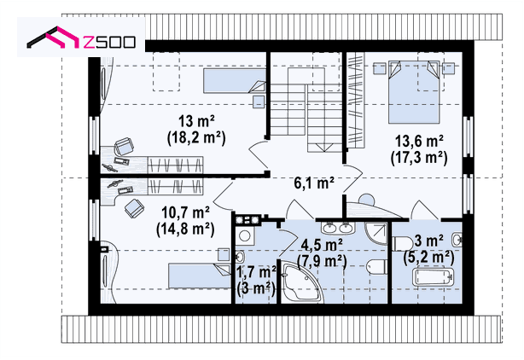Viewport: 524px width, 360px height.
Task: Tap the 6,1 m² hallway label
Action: pyautogui.click(x=314, y=183)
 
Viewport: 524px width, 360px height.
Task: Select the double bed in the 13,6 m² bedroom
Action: pyautogui.click(x=413, y=92)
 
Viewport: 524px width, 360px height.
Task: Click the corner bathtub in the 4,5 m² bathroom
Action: pyautogui.click(x=302, y=282)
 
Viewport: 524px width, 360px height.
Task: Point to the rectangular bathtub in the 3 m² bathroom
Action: pyautogui.click(x=433, y=277)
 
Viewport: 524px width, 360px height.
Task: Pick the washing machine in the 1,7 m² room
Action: pyautogui.click(x=245, y=235)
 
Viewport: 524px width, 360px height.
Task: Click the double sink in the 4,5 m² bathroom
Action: pyautogui.click(x=338, y=228)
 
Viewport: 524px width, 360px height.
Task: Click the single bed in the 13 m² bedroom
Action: pyautogui.click(x=234, y=81)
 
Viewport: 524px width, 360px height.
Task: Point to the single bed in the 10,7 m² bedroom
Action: pyautogui.click(x=200, y=276)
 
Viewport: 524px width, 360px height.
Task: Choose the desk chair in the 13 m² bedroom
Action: pyautogui.click(x=124, y=146)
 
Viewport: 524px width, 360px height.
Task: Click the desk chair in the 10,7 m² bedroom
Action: pyautogui.click(x=135, y=208)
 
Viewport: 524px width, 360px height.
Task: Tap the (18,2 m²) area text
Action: pyautogui.click(x=196, y=137)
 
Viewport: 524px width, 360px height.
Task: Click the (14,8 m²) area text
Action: pyautogui.click(x=185, y=229)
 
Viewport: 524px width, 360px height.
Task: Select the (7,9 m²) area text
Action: pyautogui.click(x=322, y=261)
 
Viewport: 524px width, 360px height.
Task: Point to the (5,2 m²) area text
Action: pyautogui.click(x=428, y=257)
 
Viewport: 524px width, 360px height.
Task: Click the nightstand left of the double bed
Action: pyautogui.click(x=379, y=68)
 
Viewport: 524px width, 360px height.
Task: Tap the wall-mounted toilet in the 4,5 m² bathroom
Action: pyautogui.click(x=376, y=267)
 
